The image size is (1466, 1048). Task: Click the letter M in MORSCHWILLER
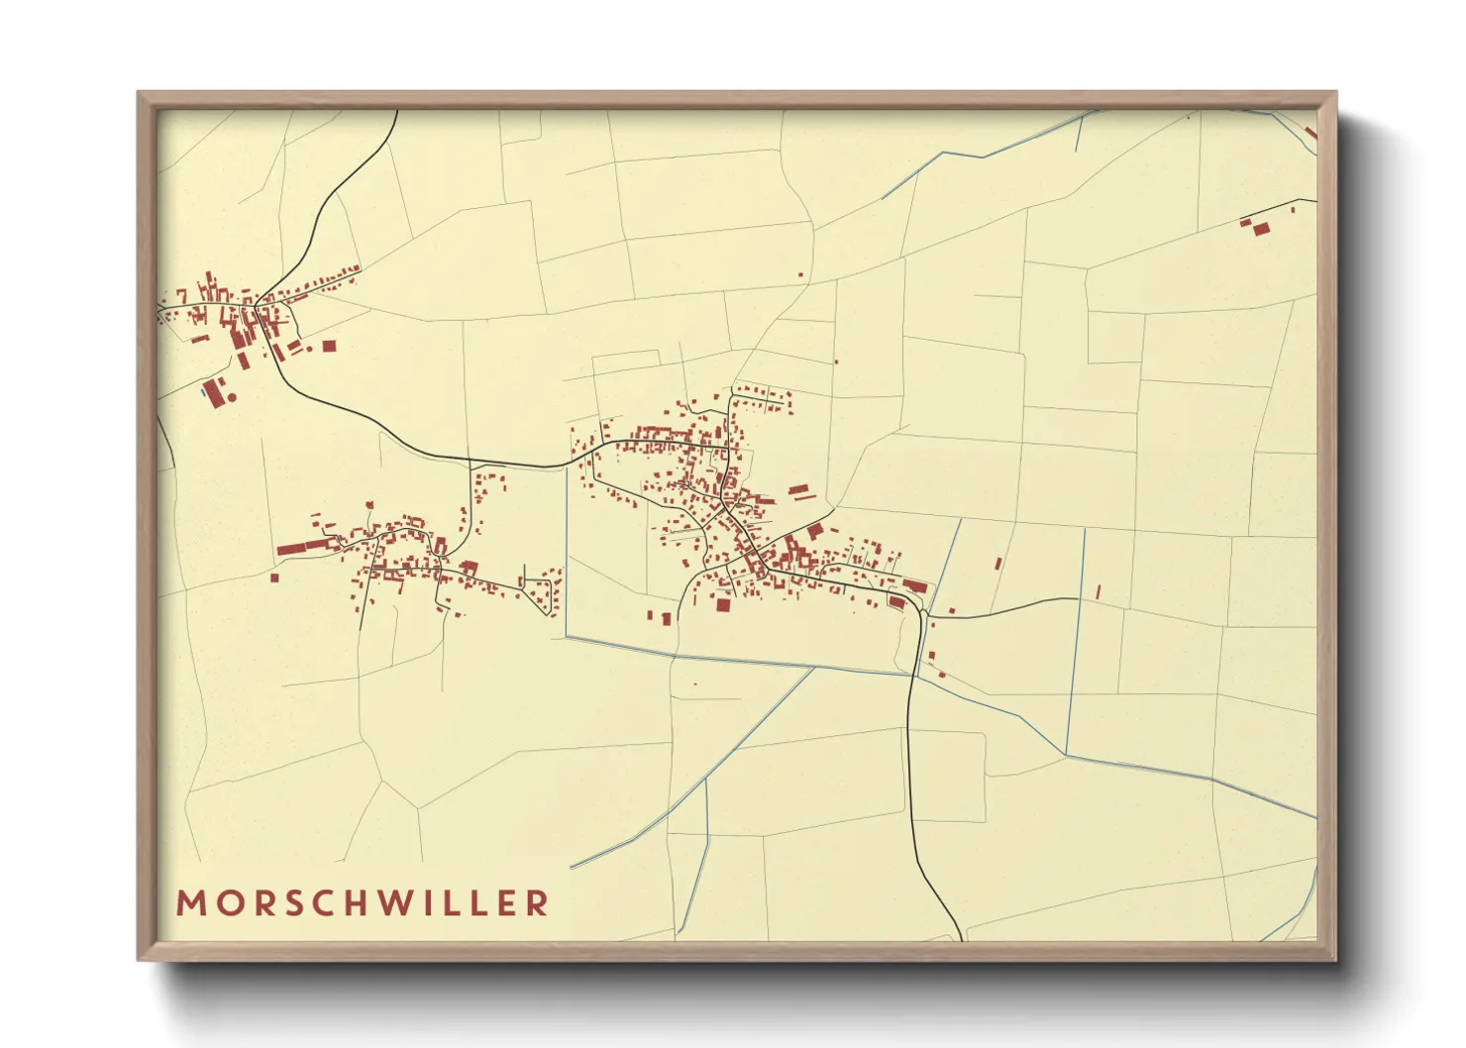coord(190,903)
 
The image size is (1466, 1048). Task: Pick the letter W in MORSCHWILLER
coord(396,903)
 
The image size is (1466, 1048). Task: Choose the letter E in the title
coord(506,903)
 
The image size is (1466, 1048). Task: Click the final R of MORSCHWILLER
coord(538,903)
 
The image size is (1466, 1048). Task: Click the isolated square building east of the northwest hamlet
coord(329,346)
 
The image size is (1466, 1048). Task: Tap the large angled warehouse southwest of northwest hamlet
coord(213,390)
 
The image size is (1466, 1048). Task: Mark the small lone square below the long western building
coord(274,576)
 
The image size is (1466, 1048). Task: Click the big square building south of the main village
coord(723,604)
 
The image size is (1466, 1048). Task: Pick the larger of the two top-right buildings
coord(1261,229)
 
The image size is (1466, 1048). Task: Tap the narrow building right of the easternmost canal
coord(1099,591)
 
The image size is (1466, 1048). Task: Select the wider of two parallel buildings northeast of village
coord(798,488)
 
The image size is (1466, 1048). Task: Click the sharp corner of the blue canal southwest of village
coord(567,637)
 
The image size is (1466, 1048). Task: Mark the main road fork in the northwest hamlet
coord(257,304)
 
